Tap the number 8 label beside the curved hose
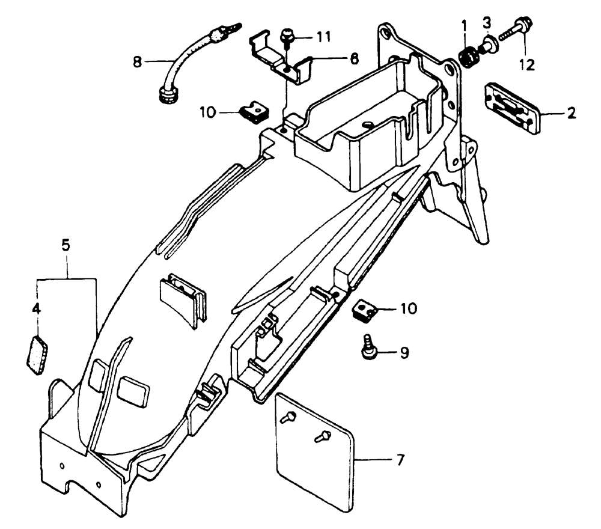click(137, 61)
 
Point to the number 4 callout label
click(36, 309)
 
